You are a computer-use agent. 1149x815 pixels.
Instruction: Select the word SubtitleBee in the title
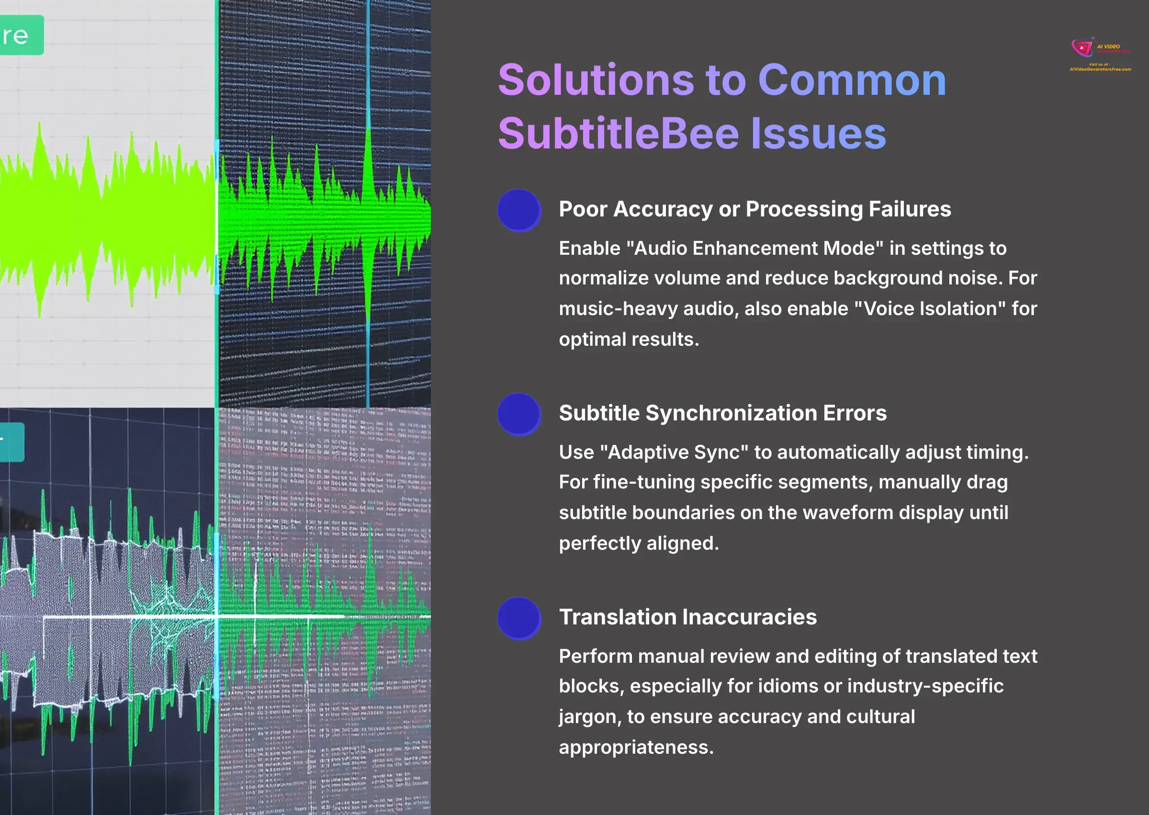[618, 134]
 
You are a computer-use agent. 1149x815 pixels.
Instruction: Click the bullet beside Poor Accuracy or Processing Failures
[519, 210]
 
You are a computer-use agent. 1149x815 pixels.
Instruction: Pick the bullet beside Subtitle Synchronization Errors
[519, 414]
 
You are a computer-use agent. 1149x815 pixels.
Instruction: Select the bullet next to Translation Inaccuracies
[519, 618]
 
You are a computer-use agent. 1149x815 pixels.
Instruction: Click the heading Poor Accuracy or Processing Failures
[754, 209]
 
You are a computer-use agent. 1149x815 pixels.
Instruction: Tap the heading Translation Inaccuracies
[687, 617]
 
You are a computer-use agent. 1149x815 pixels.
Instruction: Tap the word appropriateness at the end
[635, 747]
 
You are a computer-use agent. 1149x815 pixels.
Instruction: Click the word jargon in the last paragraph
[589, 717]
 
